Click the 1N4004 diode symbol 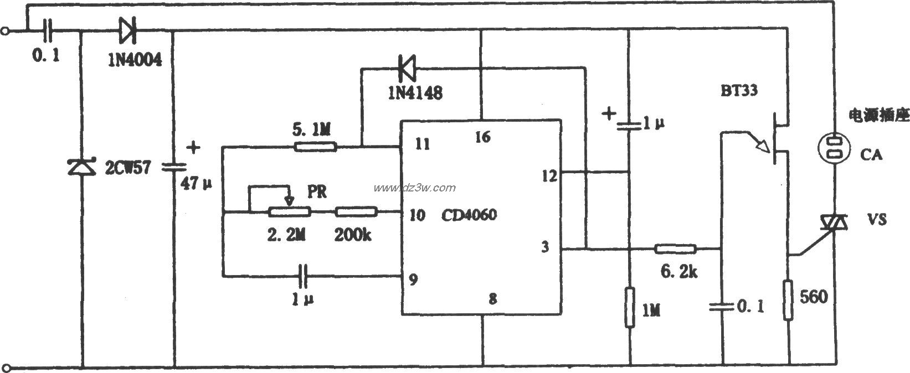click(x=128, y=30)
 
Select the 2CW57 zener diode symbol click(x=81, y=167)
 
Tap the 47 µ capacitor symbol click(x=174, y=167)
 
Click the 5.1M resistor click(x=315, y=147)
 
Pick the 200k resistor click(x=356, y=212)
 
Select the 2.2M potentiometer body click(x=290, y=212)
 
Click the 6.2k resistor click(x=675, y=248)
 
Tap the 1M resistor click(x=629, y=307)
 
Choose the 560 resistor click(x=789, y=300)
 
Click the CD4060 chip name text click(x=469, y=215)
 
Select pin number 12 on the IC click(x=549, y=176)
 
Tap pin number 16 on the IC click(x=483, y=137)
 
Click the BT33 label click(x=739, y=90)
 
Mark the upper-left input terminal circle click(x=5, y=31)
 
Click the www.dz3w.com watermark click(x=414, y=188)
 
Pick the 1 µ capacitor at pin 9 click(x=303, y=276)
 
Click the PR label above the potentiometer click(x=317, y=191)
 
